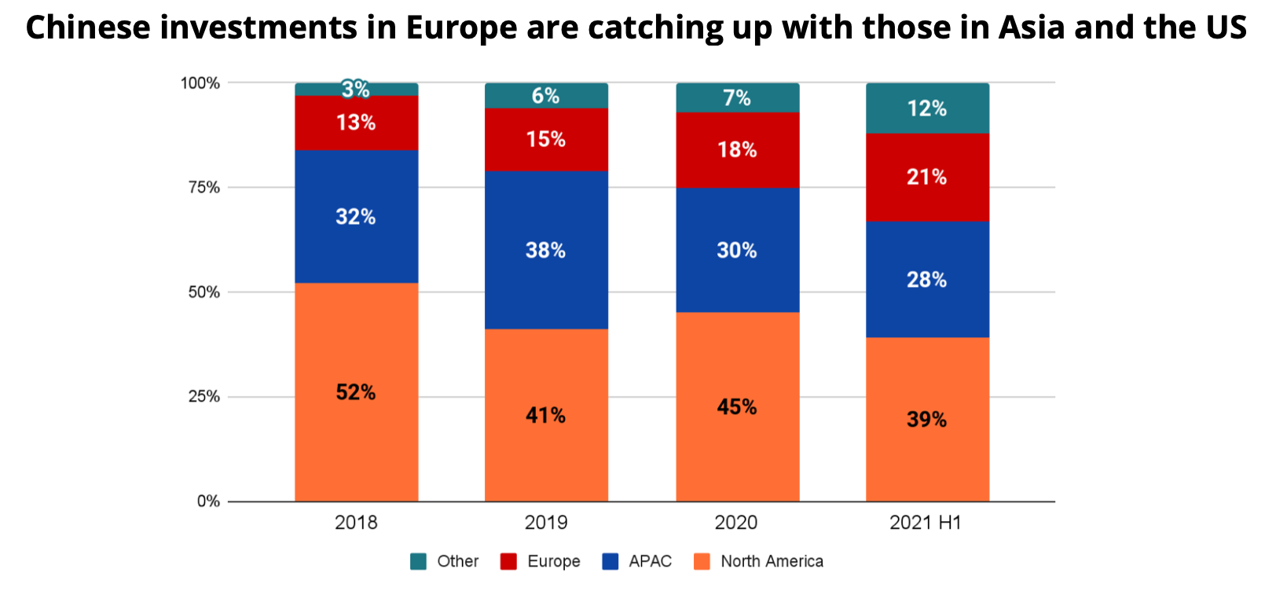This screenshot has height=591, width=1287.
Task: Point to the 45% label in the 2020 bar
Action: pos(737,407)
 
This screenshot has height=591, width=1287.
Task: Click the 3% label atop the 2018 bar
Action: pos(355,89)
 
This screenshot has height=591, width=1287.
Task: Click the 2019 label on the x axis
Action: pos(545,523)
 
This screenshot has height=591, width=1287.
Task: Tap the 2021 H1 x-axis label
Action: pos(925,523)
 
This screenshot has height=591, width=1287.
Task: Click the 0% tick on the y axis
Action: pos(208,501)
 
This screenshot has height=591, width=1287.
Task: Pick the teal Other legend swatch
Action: pos(419,561)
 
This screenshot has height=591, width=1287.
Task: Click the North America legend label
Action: pos(772,561)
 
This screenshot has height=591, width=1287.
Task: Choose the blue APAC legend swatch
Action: pos(610,561)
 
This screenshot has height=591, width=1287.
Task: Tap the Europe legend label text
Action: pos(554,561)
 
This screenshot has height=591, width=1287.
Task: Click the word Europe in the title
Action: pos(461,28)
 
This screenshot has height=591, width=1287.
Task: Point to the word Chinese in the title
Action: pos(87,28)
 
